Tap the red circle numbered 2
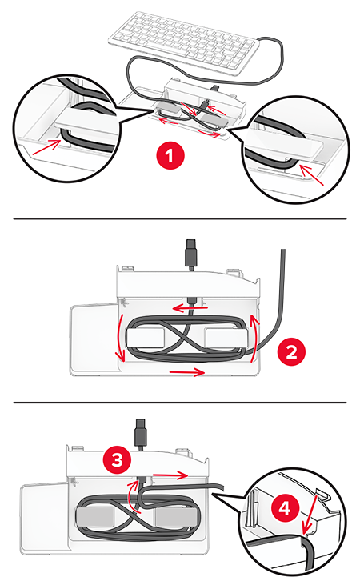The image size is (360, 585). (291, 351)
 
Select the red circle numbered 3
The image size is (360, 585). (117, 459)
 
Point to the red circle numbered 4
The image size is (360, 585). (285, 507)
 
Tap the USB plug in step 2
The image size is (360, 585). (191, 254)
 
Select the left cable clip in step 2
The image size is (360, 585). (146, 337)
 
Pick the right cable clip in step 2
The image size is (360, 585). (226, 337)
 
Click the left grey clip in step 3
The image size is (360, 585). (95, 516)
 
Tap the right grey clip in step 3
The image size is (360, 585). (174, 516)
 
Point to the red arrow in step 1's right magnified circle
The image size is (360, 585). (311, 174)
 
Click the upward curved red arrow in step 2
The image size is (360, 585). (254, 338)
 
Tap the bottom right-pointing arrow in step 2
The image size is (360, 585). (187, 371)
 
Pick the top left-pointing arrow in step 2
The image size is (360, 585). (191, 308)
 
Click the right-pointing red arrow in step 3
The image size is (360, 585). (170, 475)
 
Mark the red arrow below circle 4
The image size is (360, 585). (311, 514)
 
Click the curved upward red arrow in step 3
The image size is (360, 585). (130, 495)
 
